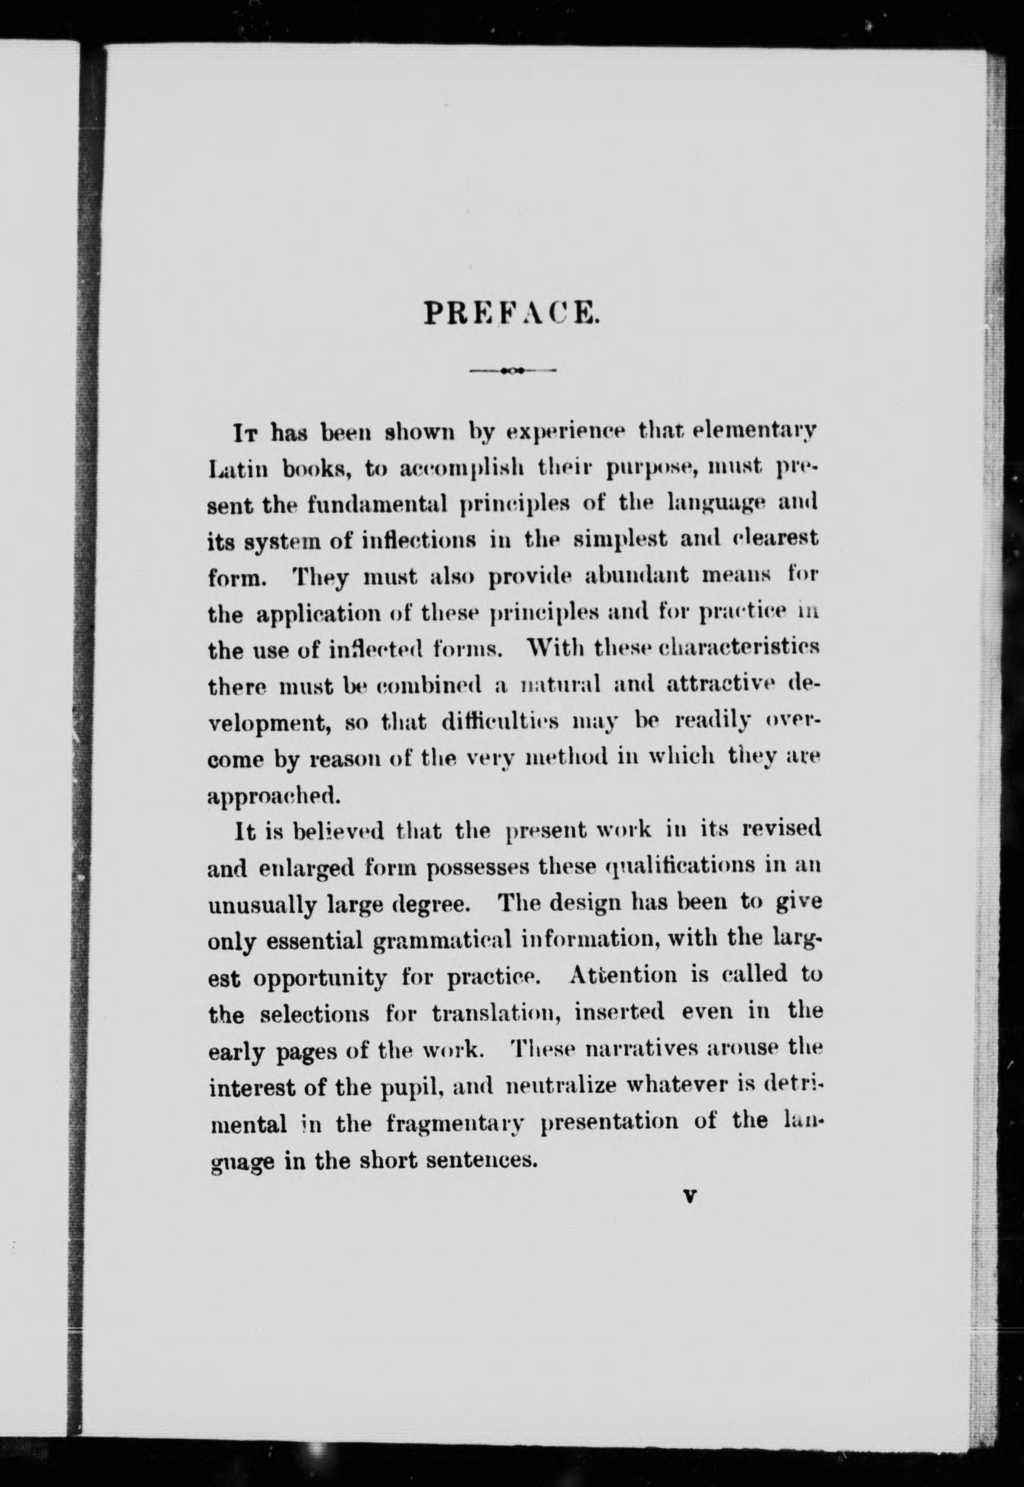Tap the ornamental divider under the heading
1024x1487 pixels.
[513, 370]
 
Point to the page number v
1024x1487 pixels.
[690, 1196]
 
